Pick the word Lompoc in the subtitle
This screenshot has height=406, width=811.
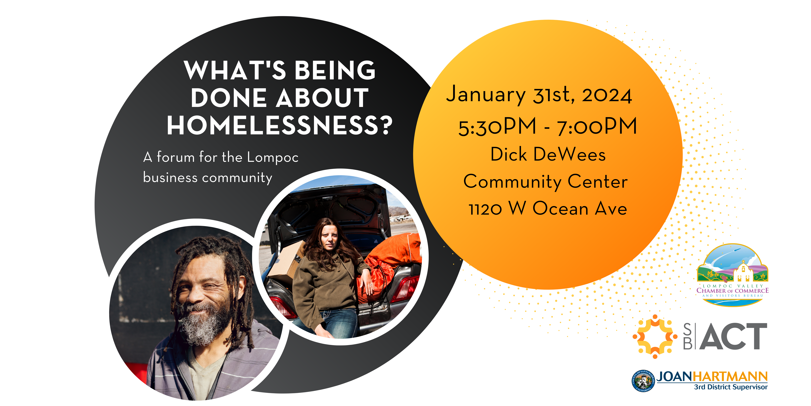273,158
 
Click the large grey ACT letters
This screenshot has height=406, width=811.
734,336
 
